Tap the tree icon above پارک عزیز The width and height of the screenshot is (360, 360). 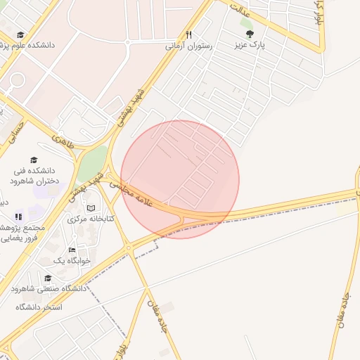(249, 33)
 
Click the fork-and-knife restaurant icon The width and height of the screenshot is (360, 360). (188, 34)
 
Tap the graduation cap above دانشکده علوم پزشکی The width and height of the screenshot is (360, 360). (20, 34)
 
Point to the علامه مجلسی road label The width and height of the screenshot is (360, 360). (141, 195)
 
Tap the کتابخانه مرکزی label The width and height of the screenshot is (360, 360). (91, 219)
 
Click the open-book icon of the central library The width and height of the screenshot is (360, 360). (91, 208)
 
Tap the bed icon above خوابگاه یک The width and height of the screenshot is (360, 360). (72, 250)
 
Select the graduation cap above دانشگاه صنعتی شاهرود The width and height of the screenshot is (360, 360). (48, 278)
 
